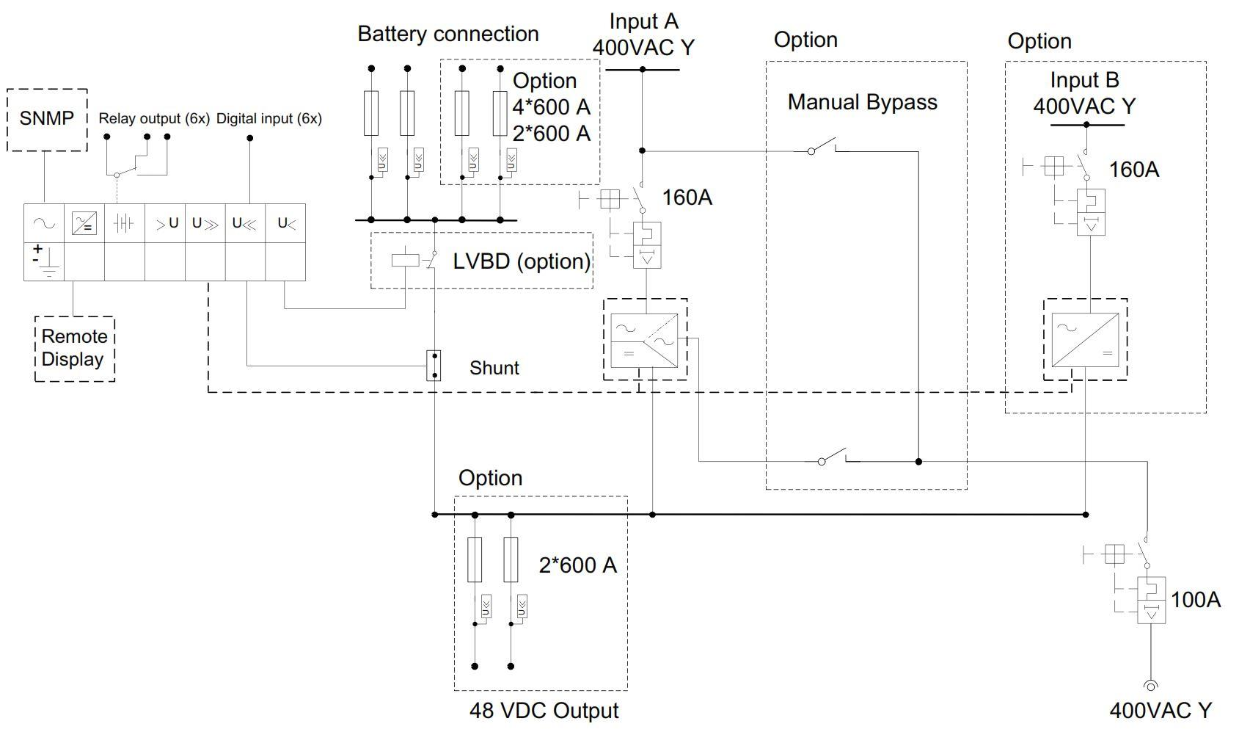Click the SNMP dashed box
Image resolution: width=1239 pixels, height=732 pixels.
47,120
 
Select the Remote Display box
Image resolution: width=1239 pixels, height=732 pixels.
74,348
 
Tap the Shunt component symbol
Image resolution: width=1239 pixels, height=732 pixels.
434,365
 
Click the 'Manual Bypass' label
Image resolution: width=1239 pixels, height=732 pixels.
862,102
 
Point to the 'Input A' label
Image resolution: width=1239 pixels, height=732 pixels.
643,22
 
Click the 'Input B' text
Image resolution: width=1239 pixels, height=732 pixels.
1084,80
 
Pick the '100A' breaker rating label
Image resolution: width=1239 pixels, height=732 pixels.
1196,600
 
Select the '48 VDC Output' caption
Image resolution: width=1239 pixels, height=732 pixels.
544,711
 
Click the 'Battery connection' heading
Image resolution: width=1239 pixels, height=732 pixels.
447,34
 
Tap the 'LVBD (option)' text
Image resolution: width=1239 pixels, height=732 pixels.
521,261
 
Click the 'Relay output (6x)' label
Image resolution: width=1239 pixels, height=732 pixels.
154,118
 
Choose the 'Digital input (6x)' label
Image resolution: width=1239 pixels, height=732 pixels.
268,118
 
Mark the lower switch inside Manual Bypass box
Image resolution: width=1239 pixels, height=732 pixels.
833,457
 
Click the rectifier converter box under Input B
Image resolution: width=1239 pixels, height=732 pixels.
1085,339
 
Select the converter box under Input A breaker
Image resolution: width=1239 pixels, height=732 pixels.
645,339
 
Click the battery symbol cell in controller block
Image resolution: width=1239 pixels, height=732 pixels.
124,223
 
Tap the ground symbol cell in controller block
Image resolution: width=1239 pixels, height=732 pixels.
44,261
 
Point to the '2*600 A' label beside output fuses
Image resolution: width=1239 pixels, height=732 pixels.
577,565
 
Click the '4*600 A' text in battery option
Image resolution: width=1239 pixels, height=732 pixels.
551,107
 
